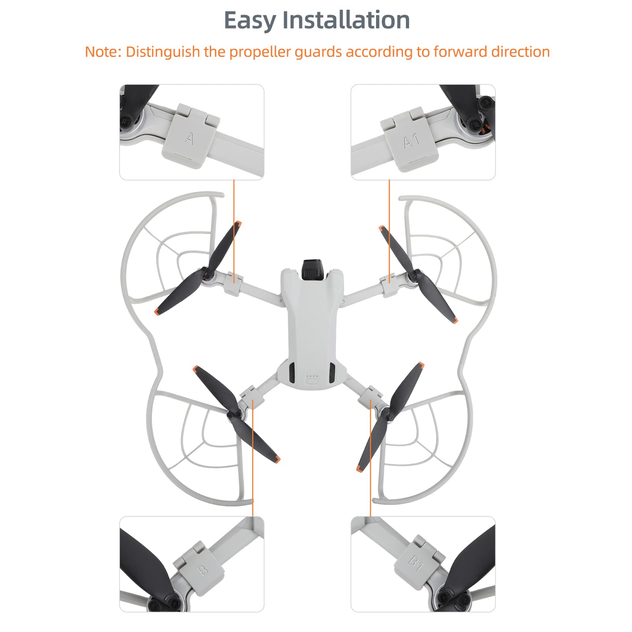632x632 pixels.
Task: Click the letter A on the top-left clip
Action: pos(189,139)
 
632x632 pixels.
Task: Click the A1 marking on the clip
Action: pos(412,141)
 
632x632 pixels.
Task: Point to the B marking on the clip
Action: pos(202,570)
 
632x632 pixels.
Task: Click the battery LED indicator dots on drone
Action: pos(312,376)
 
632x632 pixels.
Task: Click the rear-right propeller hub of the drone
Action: pos(387,413)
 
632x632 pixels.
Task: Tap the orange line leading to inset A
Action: pos(234,229)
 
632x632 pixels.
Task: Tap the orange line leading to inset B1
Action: pos(371,458)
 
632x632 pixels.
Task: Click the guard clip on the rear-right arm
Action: pos(371,395)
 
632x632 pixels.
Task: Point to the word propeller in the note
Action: pos(261,52)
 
